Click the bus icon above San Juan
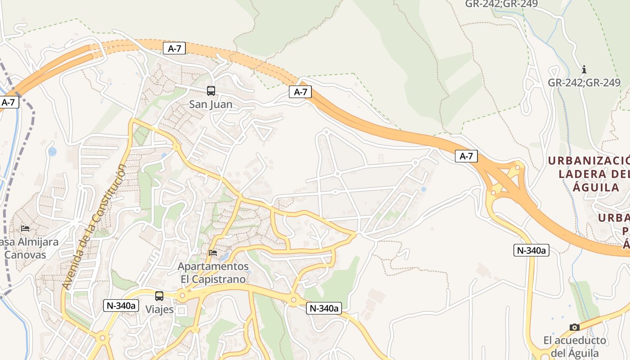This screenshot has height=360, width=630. point(211,90)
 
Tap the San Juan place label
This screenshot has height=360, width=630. point(211,104)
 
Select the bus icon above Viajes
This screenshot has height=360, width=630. point(159,296)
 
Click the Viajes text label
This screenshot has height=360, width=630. point(159,310)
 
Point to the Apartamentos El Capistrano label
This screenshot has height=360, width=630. point(213,273)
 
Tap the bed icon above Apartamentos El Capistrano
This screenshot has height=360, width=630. point(213,253)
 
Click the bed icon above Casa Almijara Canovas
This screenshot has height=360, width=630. point(25,229)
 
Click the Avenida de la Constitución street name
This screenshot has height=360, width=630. point(94,227)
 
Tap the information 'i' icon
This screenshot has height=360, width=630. point(584,69)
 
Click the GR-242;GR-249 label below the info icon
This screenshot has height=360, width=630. point(584,83)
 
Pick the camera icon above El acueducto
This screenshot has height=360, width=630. point(574,327)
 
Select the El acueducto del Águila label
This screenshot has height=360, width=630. point(575,346)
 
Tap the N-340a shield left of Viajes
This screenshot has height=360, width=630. point(121,305)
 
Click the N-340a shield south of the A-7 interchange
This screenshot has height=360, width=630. point(531,250)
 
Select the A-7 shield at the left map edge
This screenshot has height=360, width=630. point(8,102)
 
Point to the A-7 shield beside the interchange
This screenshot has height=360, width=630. point(466,156)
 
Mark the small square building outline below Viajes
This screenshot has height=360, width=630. point(181,310)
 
